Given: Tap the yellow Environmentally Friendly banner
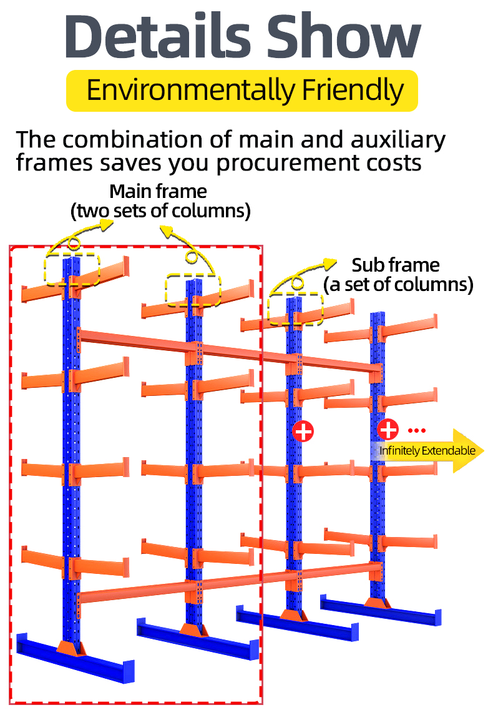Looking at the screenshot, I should [242, 91].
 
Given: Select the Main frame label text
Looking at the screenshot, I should [158, 190].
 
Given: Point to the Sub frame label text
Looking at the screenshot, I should [396, 265].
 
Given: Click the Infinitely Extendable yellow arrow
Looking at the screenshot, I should [431, 451].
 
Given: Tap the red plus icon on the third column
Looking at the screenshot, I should [303, 431].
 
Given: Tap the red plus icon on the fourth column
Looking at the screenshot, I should [388, 429].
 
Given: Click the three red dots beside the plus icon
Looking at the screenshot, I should [416, 430].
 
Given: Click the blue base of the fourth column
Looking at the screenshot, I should [381, 612].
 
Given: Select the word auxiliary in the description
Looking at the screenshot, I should [394, 139].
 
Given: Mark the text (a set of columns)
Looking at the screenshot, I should [398, 285].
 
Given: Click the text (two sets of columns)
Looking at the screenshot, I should [160, 211].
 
